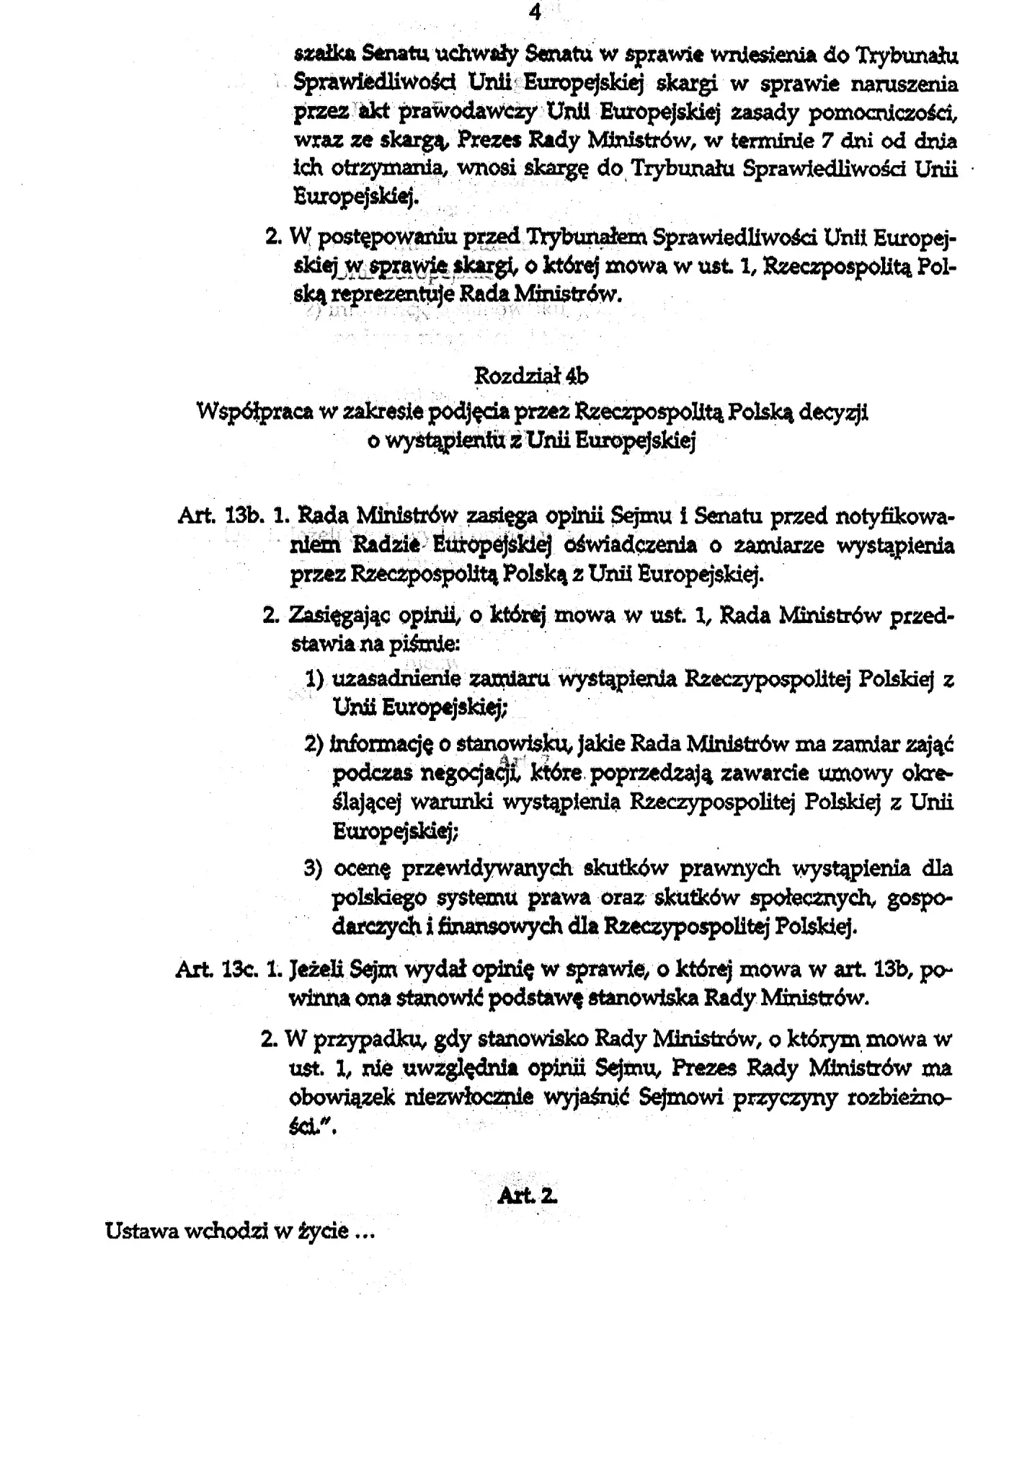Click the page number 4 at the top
534,12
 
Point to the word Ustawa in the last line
141,1231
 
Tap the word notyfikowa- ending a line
894,516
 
